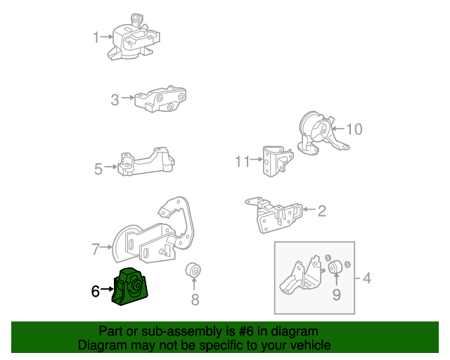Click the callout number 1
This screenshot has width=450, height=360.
pyautogui.click(x=96, y=37)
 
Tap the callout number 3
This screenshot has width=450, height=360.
pyautogui.click(x=115, y=101)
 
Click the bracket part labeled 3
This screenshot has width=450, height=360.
pyautogui.click(x=161, y=101)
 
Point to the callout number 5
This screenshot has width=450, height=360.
pyautogui.click(x=98, y=168)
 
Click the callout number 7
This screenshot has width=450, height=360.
pyautogui.click(x=96, y=247)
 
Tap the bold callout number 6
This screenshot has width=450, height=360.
pyautogui.click(x=96, y=289)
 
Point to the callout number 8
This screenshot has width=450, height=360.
pyautogui.click(x=195, y=300)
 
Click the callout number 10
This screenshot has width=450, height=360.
pyautogui.click(x=354, y=129)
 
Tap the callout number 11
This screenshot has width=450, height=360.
pyautogui.click(x=243, y=162)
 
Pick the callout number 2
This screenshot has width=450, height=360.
pyautogui.click(x=322, y=210)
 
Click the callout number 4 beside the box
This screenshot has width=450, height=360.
pyautogui.click(x=367, y=279)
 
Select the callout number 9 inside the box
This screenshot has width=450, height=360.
pyautogui.click(x=336, y=295)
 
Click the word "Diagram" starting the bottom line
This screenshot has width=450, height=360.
pyautogui.click(x=101, y=345)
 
